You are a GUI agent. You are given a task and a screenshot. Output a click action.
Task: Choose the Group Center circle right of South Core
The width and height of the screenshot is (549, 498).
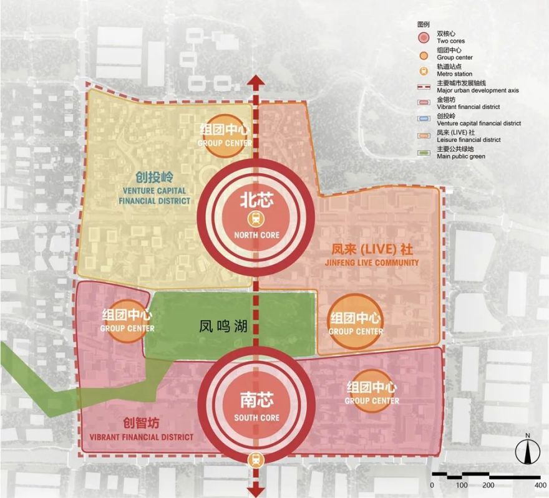tap(371, 393)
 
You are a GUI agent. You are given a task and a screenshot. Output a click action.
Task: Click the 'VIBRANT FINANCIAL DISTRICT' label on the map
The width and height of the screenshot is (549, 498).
tap(142, 437)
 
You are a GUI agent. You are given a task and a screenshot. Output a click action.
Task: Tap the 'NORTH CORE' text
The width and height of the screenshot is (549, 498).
tap(256, 235)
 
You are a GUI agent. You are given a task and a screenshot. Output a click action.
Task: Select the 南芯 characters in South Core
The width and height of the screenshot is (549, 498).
tap(256, 400)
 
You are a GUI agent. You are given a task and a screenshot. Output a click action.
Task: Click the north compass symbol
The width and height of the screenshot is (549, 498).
tap(528, 451)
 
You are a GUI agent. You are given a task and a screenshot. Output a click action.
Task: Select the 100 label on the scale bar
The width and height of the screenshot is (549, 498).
tap(462, 484)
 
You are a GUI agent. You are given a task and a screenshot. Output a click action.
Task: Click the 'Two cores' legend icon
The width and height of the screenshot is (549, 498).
tap(424, 37)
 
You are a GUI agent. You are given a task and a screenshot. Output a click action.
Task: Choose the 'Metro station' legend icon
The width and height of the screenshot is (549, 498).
tap(424, 70)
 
